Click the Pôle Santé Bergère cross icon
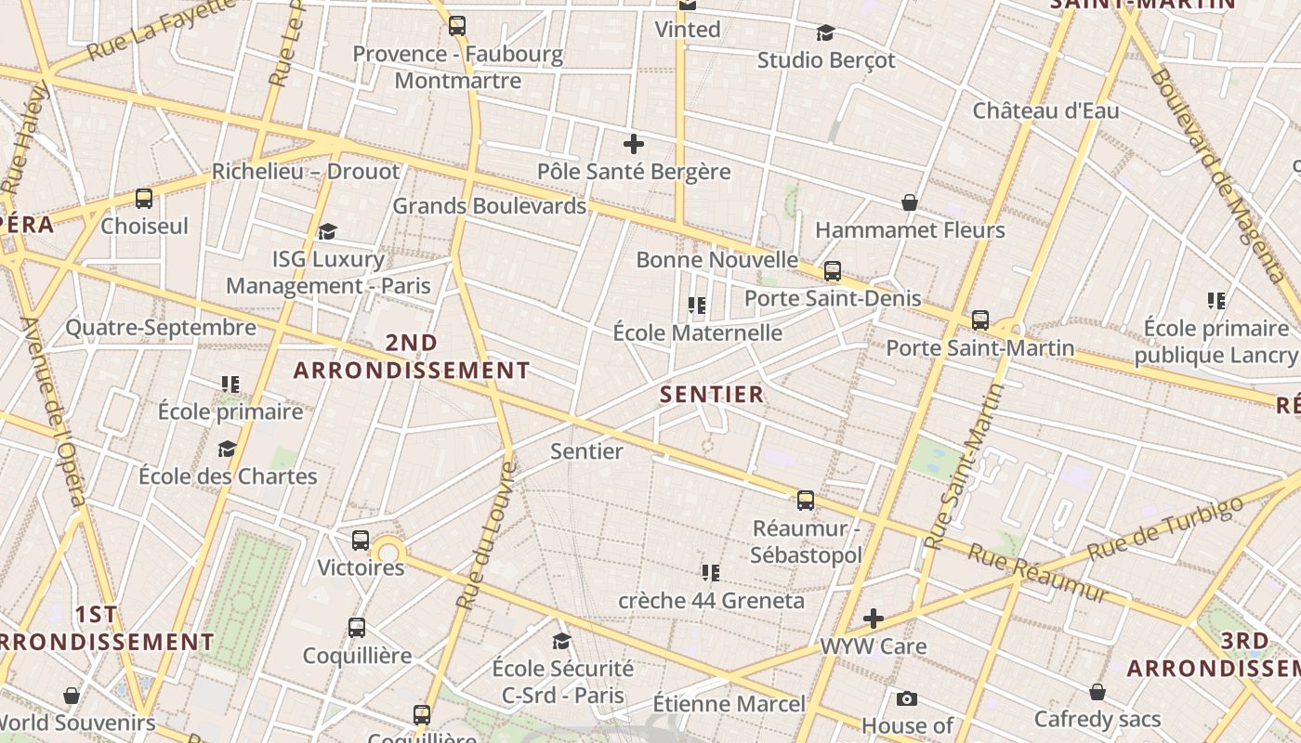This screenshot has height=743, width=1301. (634, 144)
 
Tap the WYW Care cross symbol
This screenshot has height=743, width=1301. (873, 619)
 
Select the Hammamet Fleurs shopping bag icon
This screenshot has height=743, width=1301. (910, 202)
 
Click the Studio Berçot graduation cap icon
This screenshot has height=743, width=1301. (825, 33)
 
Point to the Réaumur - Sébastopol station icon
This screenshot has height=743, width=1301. (806, 501)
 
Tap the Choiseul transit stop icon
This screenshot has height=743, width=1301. (144, 198)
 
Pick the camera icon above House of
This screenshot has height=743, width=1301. (907, 698)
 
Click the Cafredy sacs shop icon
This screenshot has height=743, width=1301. (1097, 692)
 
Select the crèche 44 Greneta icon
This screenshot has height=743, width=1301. (711, 572)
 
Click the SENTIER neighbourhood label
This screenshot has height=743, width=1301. (712, 394)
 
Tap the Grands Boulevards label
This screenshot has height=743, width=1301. (489, 205)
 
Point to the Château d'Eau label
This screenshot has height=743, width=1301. (1045, 111)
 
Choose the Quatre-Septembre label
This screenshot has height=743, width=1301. (161, 327)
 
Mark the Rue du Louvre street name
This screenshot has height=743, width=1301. (484, 536)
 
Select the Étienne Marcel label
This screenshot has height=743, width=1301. (729, 704)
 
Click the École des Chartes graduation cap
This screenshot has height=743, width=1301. (227, 450)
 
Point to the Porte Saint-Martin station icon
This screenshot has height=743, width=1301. (980, 320)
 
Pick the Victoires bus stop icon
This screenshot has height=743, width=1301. (361, 541)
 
